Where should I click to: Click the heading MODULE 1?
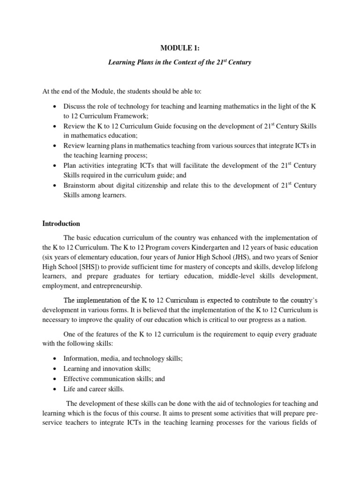180,48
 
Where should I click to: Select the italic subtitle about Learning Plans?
180,62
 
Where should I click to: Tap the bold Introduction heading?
61,224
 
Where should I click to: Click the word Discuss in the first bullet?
74,107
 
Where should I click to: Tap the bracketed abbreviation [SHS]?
85,266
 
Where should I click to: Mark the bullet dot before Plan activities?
55,166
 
